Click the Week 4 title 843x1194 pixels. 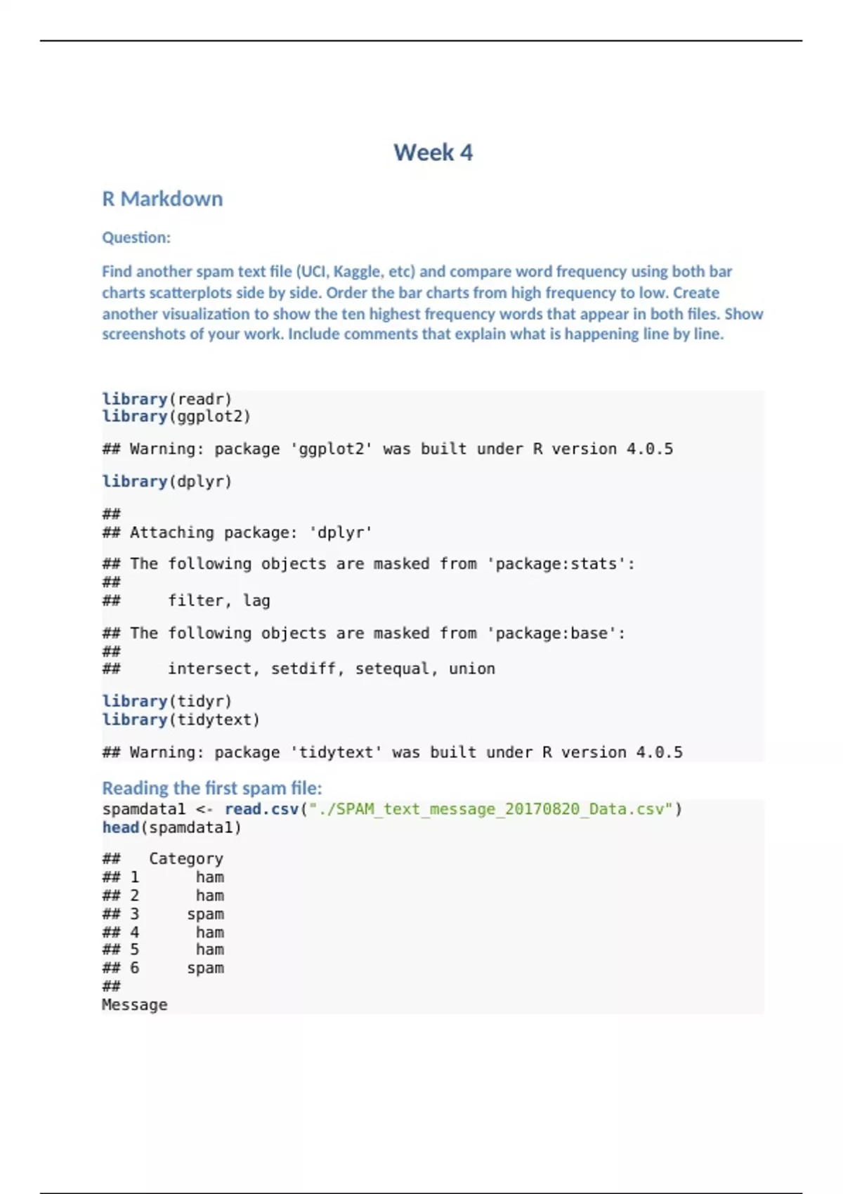click(433, 152)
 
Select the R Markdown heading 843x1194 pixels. click(162, 199)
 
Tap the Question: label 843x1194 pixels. click(136, 237)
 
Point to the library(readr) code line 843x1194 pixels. click(166, 399)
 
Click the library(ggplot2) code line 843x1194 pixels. click(176, 416)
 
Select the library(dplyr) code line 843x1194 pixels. click(166, 481)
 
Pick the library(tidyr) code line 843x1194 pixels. click(166, 701)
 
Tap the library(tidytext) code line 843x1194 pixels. click(181, 719)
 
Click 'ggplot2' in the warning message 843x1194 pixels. click(332, 449)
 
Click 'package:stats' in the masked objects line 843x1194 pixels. click(556, 563)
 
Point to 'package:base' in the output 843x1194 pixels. click(551, 633)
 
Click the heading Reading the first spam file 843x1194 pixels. click(212, 788)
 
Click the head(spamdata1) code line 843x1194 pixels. click(171, 827)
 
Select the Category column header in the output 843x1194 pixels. click(185, 858)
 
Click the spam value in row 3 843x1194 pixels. click(205, 914)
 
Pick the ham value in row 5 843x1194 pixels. click(209, 950)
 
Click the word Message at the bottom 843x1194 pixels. click(134, 1004)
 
